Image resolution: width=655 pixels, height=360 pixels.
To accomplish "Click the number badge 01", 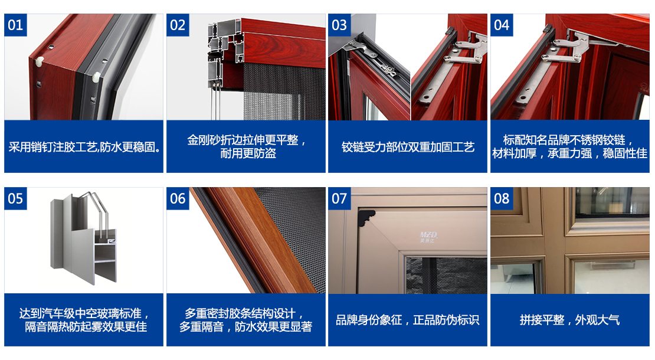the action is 15,25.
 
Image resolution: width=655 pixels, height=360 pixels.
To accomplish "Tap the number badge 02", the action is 178,25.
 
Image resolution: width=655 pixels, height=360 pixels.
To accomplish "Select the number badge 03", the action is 339,25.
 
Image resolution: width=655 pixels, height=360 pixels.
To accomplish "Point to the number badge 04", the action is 501,25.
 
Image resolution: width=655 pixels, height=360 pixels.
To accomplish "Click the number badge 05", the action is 15,198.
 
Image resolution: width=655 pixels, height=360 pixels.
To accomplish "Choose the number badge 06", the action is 178,198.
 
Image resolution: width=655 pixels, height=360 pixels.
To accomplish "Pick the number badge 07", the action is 339,198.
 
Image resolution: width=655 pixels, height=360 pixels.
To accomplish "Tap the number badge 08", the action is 501,198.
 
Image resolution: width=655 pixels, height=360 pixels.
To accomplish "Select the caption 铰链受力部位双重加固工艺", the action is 408,147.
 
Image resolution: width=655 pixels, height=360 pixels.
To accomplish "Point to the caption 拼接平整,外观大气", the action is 570,320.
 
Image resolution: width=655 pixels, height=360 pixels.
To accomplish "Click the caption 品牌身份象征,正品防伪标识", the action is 408,320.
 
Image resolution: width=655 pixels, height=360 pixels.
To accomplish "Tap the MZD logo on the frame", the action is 428,237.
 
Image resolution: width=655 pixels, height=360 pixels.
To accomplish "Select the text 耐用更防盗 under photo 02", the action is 248,153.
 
